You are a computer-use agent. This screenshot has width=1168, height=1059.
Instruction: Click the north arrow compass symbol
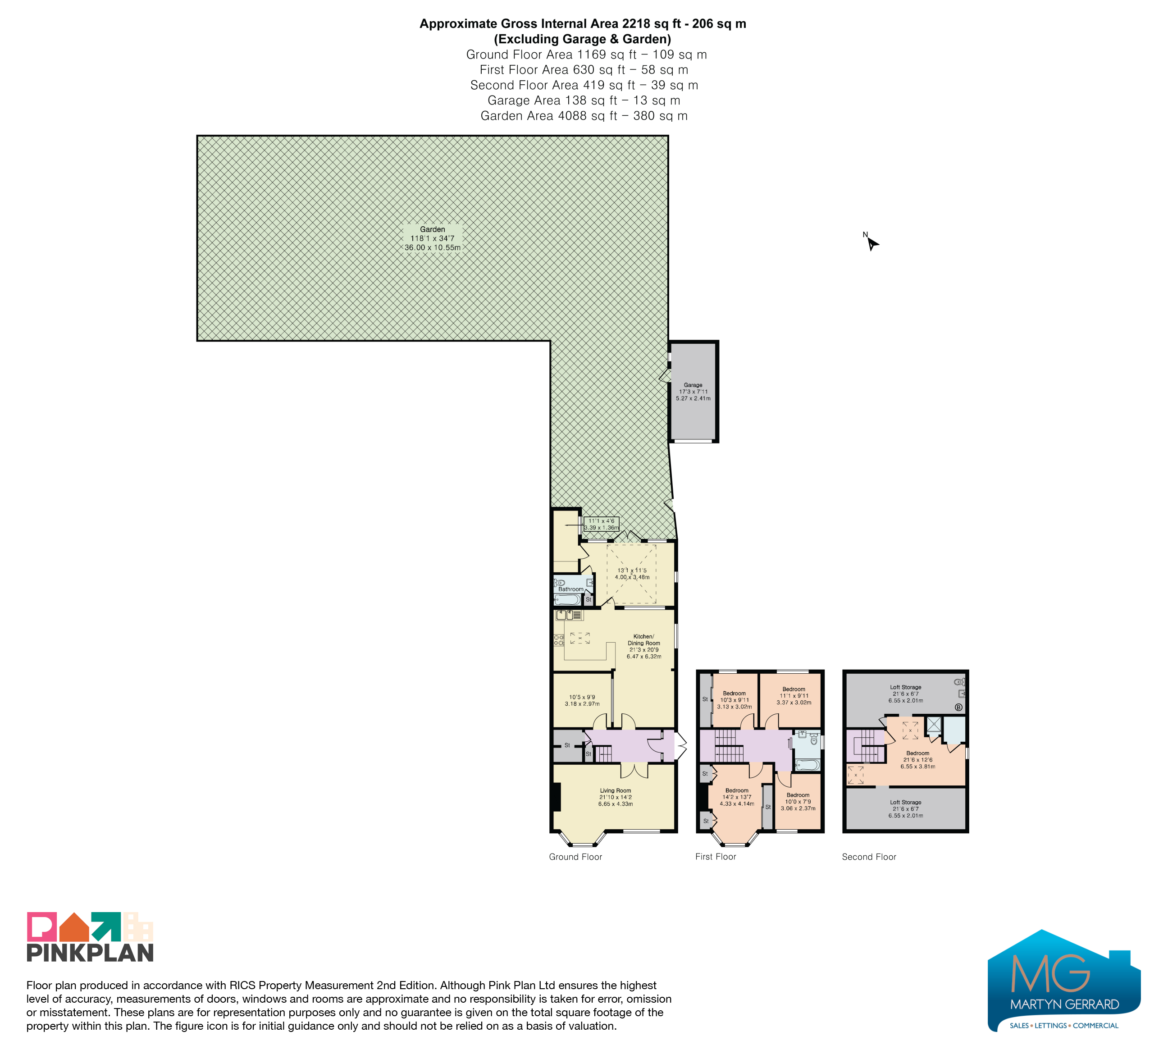coord(871,243)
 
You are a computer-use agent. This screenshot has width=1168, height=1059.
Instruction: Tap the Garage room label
coord(693,392)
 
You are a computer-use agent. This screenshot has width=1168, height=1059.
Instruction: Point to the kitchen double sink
coord(568,615)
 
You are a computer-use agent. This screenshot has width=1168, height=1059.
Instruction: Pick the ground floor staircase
coord(604,754)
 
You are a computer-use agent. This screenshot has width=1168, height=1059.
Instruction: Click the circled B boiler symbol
coord(958,708)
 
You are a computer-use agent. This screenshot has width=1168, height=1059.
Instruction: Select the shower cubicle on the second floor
coord(934,725)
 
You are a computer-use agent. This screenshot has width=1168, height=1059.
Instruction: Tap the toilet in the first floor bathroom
coord(814,740)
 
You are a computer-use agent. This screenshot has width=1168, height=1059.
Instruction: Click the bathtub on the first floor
coord(808,765)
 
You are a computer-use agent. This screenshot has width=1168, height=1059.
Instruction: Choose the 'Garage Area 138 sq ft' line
coord(584,100)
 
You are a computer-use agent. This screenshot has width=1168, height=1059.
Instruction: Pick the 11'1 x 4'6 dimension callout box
coord(602,524)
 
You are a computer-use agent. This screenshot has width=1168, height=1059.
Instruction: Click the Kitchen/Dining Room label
coord(643,646)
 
